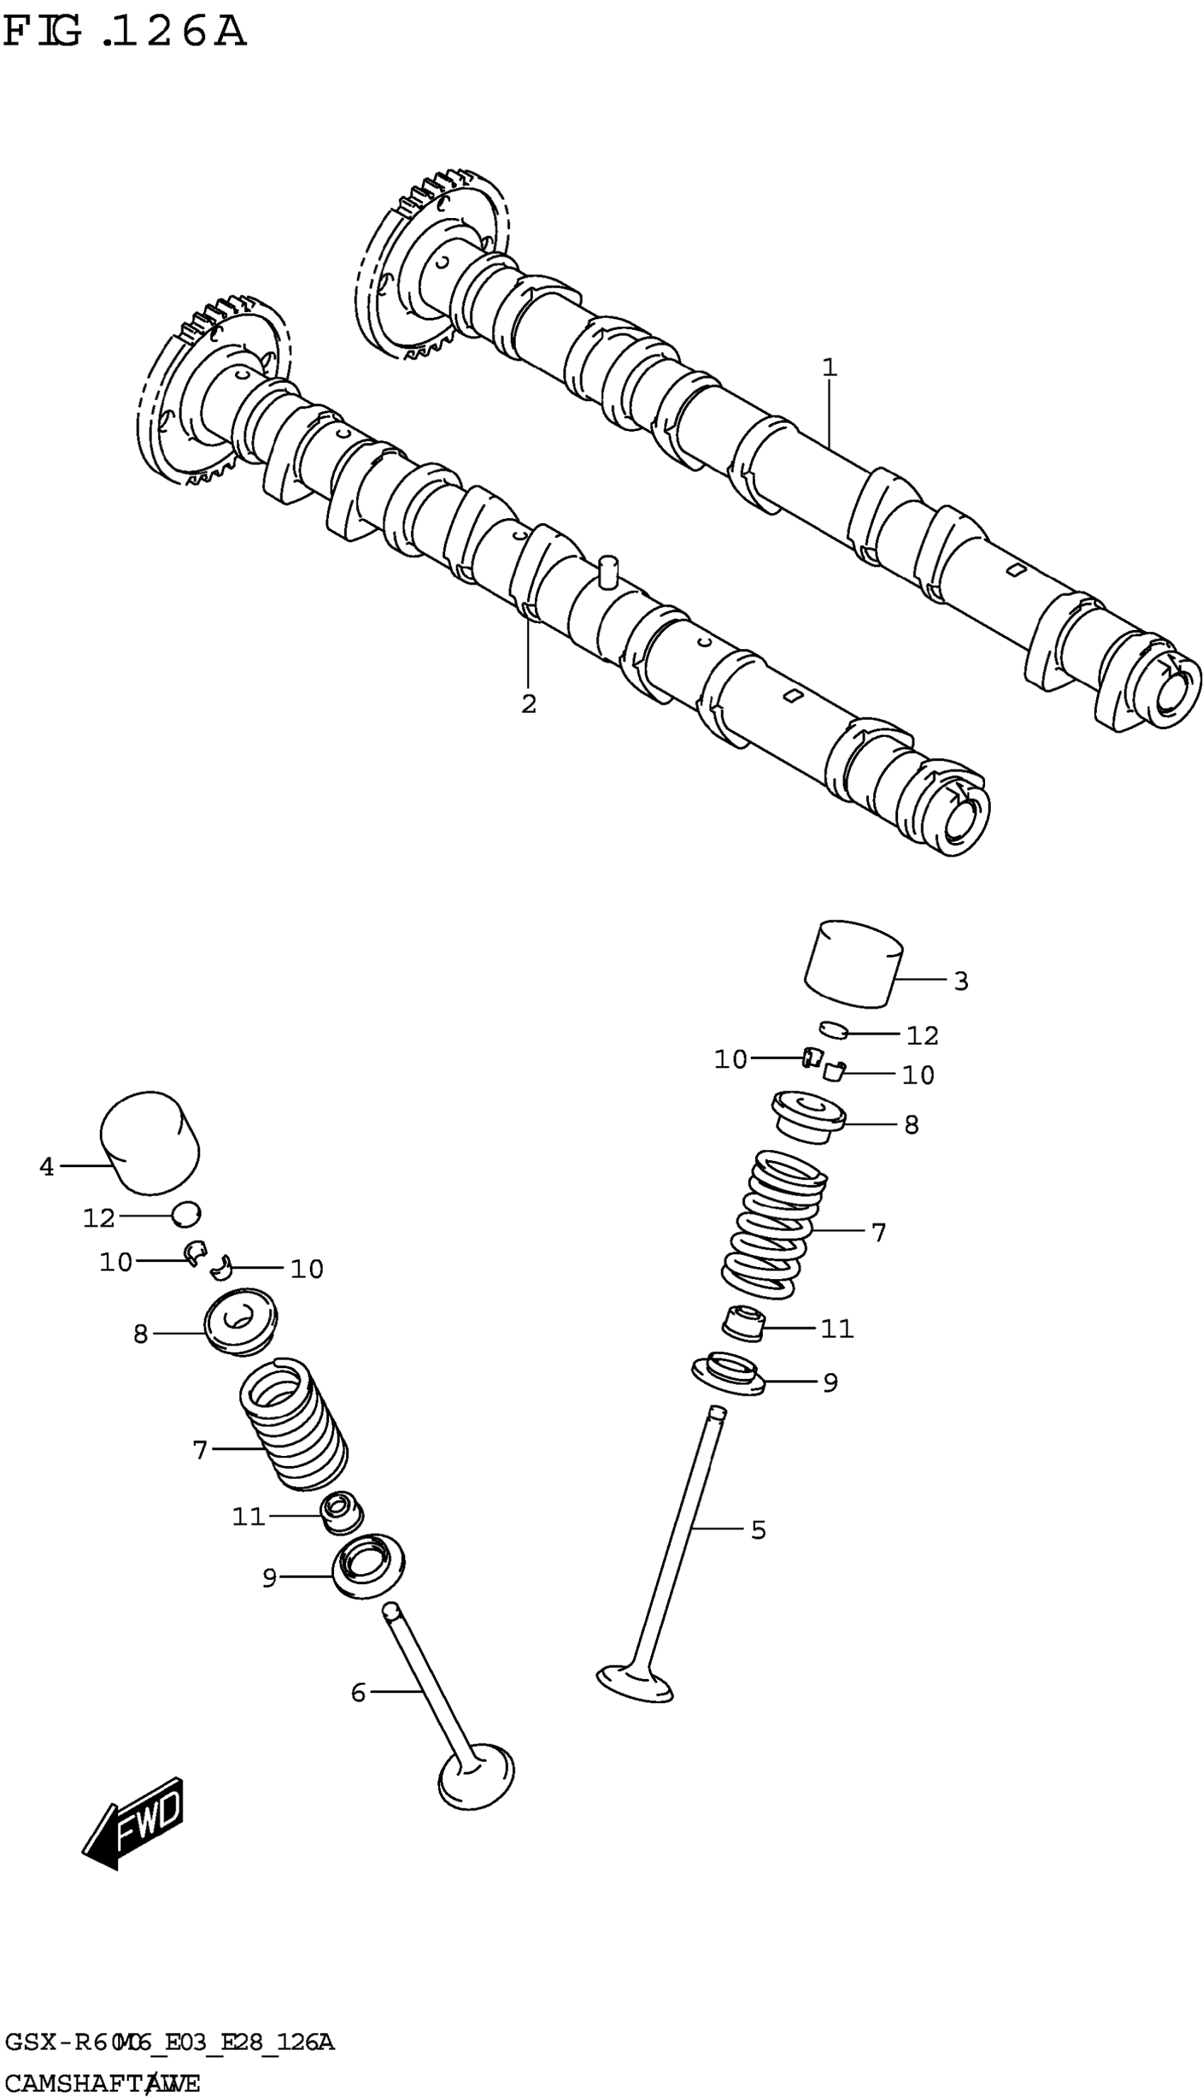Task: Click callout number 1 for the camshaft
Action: pos(829,367)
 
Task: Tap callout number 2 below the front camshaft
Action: pos(529,704)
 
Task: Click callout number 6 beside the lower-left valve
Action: pos(358,1693)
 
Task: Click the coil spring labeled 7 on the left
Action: pos(292,1425)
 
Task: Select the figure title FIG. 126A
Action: pos(124,33)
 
